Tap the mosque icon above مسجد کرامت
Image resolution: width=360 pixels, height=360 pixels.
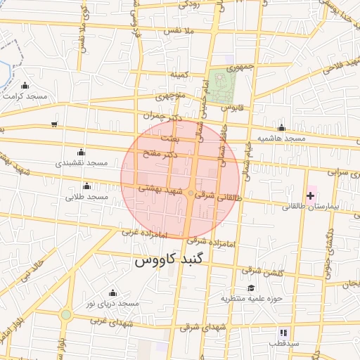point(26,86)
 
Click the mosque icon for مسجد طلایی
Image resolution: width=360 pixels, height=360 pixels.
point(86,186)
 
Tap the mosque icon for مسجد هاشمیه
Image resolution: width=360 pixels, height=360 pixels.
point(281,128)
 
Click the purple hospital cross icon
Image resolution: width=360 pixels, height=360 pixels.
point(311,195)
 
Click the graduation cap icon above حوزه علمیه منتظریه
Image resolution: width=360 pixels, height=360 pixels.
point(251,288)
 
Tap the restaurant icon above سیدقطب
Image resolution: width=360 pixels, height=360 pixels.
point(283,332)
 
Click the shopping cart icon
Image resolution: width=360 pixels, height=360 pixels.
point(55,124)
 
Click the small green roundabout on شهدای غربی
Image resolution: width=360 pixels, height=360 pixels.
point(65,314)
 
